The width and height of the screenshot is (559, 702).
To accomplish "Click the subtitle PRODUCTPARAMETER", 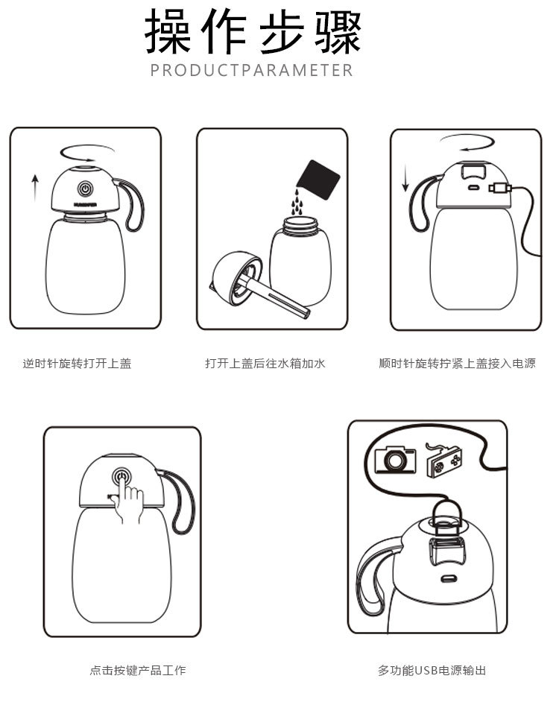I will (x=252, y=71).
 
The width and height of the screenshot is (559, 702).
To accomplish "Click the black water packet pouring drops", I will (x=318, y=178).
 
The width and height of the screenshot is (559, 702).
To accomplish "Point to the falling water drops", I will (x=297, y=202).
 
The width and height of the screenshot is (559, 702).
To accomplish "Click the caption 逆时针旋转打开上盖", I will (x=77, y=364).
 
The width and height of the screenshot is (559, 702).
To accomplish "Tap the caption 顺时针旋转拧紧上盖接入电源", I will (x=457, y=364).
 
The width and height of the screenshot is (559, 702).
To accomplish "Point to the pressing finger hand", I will (x=129, y=503).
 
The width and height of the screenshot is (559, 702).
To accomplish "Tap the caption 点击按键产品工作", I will (x=138, y=670).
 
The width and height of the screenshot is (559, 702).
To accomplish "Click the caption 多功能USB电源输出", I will (x=432, y=670).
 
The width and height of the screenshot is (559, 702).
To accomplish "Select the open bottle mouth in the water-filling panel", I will (x=300, y=222).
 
